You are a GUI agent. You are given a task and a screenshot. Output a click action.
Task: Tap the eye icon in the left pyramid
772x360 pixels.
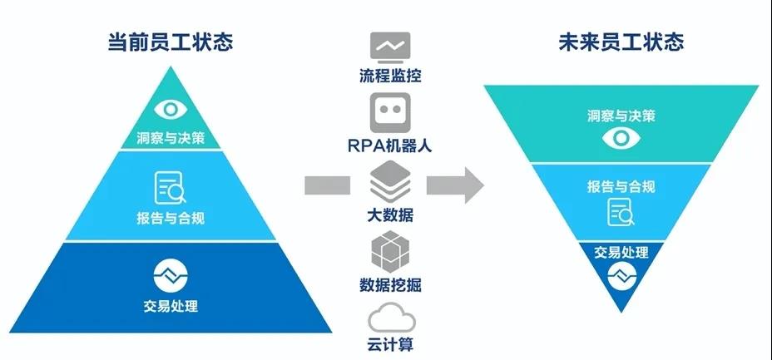click(x=171, y=109)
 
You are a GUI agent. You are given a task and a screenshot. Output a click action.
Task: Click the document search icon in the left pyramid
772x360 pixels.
click(x=171, y=187)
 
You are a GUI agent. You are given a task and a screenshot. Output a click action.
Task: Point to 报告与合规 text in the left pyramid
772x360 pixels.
click(x=171, y=219)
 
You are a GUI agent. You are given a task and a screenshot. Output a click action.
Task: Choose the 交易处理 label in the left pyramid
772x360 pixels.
click(x=171, y=306)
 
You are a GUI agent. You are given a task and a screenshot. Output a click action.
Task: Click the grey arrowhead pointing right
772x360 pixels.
click(x=471, y=185)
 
